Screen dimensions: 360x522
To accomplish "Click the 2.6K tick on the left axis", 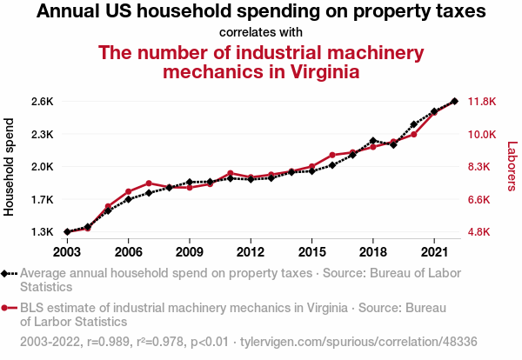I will point(42,102).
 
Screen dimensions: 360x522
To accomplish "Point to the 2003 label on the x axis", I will point(67,252).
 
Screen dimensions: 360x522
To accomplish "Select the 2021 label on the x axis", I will point(434,252).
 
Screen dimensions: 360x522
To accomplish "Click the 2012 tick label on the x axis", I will point(251,252).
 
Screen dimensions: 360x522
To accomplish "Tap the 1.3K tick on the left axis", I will point(42,232).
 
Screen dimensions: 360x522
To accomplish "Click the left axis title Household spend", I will point(10,167).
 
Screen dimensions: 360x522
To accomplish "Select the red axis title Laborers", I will point(512,167).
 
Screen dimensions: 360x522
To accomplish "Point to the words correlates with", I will point(260,33).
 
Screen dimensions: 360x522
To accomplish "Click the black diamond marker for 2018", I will point(373,140).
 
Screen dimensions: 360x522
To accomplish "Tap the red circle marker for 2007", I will point(149,183).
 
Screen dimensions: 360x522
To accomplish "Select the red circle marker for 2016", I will point(332,155).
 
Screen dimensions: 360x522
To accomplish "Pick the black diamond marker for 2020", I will point(414,125).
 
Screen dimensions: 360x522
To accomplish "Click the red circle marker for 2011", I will point(231,173).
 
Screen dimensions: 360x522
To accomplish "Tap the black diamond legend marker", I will point(8,273).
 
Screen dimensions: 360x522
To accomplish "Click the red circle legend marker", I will point(8,307).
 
